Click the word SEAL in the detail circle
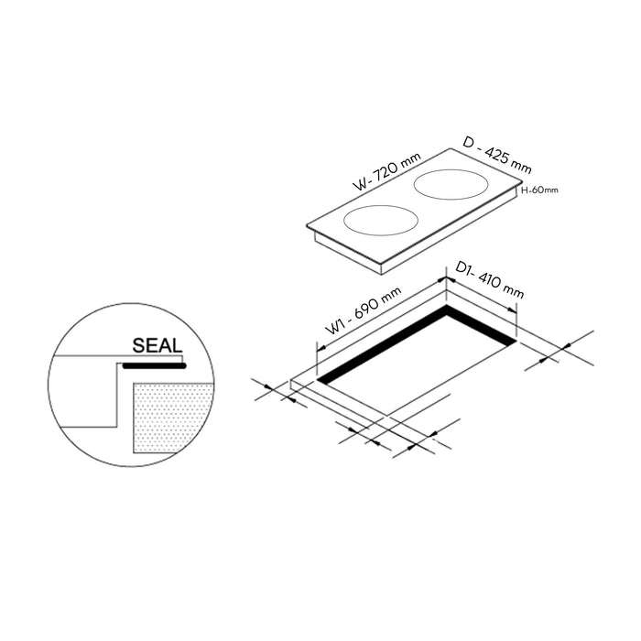pyautogui.click(x=157, y=346)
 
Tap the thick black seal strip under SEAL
pyautogui.click(x=154, y=364)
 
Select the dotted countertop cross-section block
pyautogui.click(x=173, y=418)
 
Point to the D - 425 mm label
pyautogui.click(x=497, y=154)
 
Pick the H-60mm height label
pyautogui.click(x=539, y=190)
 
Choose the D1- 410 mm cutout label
pyautogui.click(x=490, y=278)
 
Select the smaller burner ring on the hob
pyautogui.click(x=381, y=220)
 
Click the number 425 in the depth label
pyautogui.click(x=501, y=156)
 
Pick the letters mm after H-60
pyautogui.click(x=549, y=190)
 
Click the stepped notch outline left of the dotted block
pyautogui.click(x=117, y=394)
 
